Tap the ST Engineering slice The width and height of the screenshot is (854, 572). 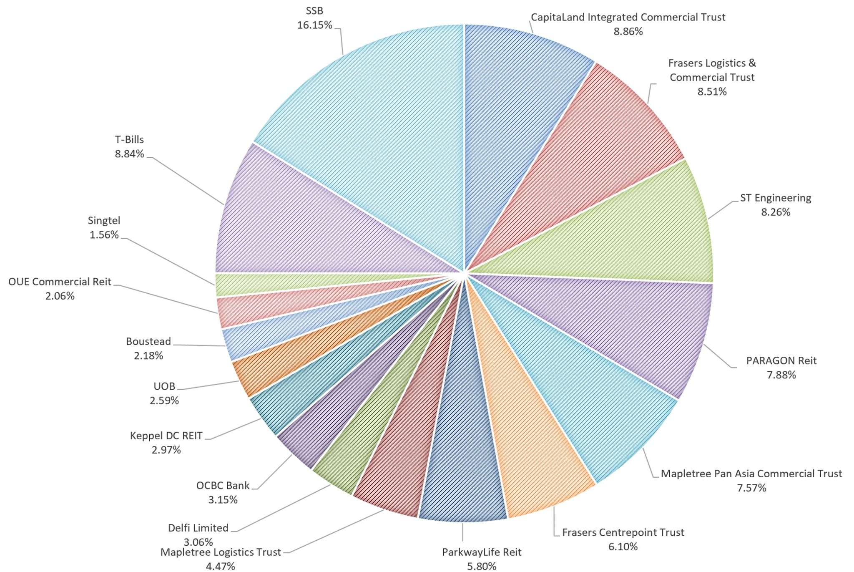pos(625,234)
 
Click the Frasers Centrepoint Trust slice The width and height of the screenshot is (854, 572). pos(530,451)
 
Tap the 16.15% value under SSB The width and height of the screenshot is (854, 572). pos(314,25)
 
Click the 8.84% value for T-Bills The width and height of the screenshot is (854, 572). pos(129,154)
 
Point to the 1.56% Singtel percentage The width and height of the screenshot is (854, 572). pos(104,235)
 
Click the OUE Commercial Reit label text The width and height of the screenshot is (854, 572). pos(60,282)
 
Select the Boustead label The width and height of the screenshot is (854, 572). pos(148,341)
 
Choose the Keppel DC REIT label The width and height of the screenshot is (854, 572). pos(166,436)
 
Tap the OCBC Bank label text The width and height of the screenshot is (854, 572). pos(223,485)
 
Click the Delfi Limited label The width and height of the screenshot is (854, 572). pos(198,528)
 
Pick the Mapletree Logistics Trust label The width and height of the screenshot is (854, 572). pos(221,552)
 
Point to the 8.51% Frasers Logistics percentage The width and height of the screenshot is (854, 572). pos(712,91)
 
